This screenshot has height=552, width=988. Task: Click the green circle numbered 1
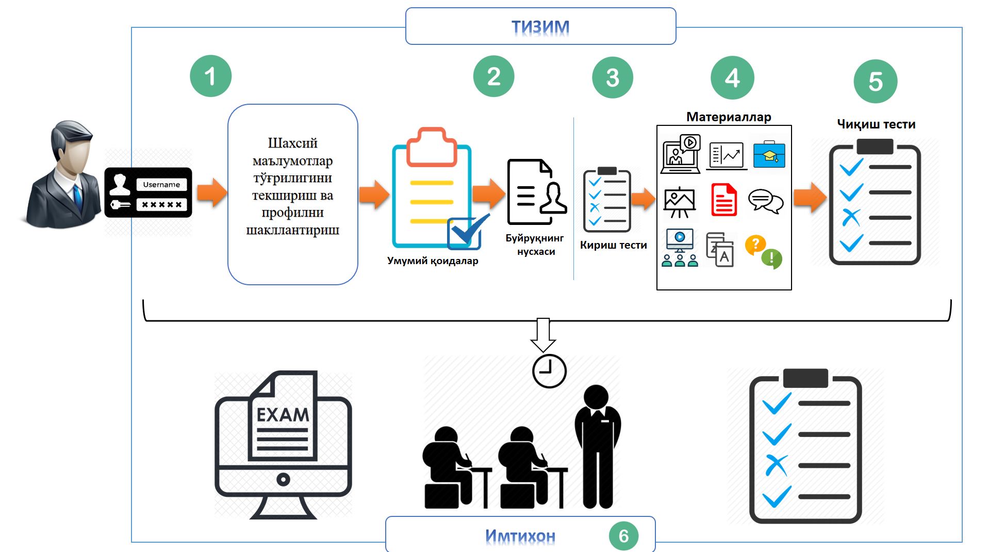point(210,76)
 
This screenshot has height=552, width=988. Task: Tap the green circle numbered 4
point(732,77)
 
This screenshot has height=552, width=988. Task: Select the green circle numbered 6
point(623,536)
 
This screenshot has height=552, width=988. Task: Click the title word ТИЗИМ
point(540,26)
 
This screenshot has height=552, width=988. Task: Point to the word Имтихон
point(520,536)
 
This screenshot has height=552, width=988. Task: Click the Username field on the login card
point(161,184)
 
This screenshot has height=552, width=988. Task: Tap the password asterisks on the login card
point(161,205)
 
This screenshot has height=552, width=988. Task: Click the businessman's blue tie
point(77,197)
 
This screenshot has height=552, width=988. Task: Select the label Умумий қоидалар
point(433,261)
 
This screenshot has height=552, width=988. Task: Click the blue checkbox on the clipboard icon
point(466,232)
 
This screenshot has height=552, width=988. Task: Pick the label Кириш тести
point(613,245)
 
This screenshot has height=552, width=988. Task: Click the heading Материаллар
point(729,117)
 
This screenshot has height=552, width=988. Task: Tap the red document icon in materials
point(724,200)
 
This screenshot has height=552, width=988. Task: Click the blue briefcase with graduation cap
point(769,154)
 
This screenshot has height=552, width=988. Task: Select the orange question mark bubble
point(755,244)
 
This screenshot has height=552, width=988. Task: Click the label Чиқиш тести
point(876,124)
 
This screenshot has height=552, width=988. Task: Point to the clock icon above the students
point(549,371)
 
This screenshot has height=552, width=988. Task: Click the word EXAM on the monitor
point(283,415)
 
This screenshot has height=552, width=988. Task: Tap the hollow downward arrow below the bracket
point(543,335)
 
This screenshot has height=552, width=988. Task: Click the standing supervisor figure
point(598,447)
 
